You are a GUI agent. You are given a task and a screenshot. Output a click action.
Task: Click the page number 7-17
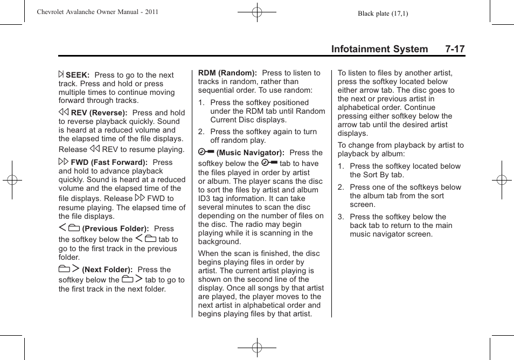455,49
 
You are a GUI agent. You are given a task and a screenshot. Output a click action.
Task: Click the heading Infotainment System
379,49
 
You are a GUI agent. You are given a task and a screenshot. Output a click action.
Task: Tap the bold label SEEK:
77,75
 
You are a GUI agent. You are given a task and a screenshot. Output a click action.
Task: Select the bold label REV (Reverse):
99,113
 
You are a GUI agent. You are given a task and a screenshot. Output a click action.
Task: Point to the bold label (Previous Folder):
115,229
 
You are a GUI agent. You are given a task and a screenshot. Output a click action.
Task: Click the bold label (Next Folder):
107,269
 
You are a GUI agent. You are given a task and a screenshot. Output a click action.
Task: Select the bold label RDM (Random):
227,73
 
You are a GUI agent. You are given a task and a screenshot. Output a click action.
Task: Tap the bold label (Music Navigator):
250,153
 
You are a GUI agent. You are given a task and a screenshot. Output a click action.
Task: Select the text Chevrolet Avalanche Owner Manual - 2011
98,11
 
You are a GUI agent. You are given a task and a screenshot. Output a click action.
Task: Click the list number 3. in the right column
341,217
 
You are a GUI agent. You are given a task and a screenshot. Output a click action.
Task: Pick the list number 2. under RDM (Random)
201,131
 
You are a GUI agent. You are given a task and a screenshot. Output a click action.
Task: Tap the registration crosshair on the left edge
11,180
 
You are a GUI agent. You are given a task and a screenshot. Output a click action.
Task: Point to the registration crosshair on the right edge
502,180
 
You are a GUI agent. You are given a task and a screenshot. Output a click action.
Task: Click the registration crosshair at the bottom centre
257,348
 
